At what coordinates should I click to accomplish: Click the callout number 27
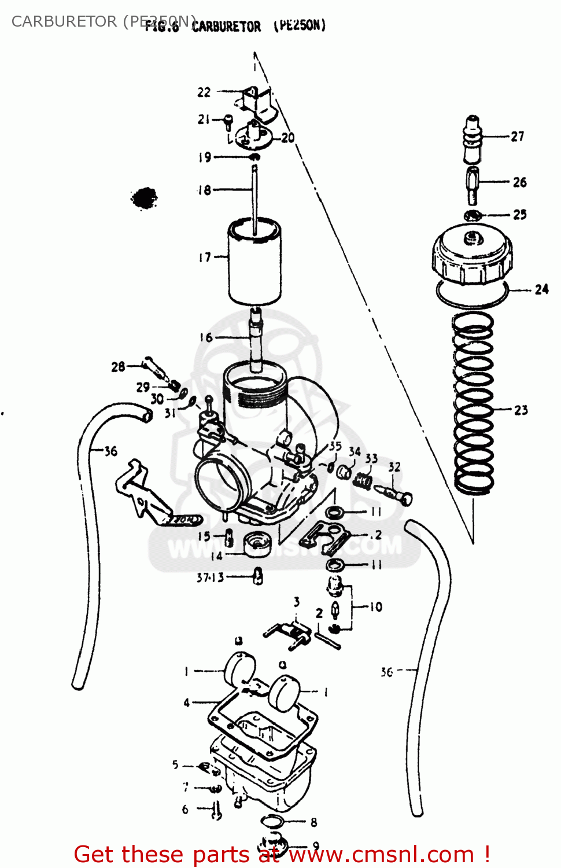click(x=517, y=137)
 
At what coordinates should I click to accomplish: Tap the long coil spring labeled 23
click(x=473, y=405)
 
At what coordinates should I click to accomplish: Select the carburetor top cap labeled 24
click(x=472, y=258)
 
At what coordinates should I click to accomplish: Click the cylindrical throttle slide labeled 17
click(x=254, y=263)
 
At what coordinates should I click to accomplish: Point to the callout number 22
click(x=204, y=93)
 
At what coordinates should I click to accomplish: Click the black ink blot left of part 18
click(x=144, y=198)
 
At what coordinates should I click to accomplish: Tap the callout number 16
click(x=206, y=337)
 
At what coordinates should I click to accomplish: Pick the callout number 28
click(x=118, y=366)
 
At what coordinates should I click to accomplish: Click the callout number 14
click(x=216, y=556)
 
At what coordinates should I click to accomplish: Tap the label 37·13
click(x=210, y=578)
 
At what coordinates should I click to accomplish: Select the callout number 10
click(x=376, y=607)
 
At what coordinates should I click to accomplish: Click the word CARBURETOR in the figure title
click(x=226, y=27)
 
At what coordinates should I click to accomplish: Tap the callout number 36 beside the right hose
click(x=387, y=672)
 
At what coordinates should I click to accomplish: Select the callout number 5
click(x=175, y=765)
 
